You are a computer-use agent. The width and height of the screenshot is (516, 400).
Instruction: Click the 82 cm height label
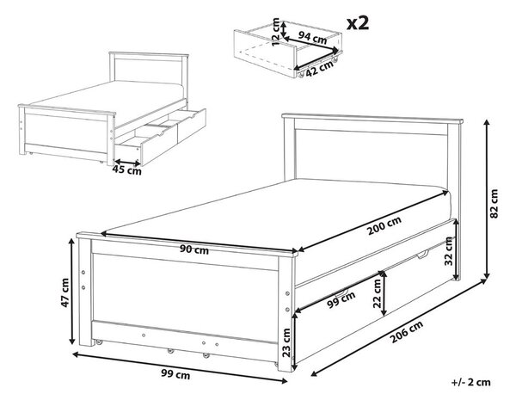(x=494, y=204)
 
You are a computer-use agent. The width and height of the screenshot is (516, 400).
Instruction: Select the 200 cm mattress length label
(x=384, y=225)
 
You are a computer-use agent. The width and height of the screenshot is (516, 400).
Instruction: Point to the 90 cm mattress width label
(x=194, y=250)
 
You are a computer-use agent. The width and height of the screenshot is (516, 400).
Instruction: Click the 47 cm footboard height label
(x=64, y=292)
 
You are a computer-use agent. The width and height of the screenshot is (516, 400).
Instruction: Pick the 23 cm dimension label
(x=286, y=342)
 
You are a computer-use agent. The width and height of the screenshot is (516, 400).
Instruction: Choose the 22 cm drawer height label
(x=378, y=293)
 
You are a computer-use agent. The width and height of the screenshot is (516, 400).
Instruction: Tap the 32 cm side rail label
(x=448, y=251)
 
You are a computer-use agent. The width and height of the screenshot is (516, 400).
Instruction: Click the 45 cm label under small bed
(x=126, y=170)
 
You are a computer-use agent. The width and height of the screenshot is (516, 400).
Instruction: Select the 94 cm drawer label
(x=312, y=38)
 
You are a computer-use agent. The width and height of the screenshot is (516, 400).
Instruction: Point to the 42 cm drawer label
(x=319, y=69)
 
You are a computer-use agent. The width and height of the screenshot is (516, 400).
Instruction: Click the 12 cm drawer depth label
(x=276, y=33)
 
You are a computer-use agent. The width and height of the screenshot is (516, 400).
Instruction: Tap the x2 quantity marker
(x=358, y=23)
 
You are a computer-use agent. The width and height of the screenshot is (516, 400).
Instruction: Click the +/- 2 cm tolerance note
(x=470, y=382)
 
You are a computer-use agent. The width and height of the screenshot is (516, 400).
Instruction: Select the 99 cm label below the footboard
(x=175, y=374)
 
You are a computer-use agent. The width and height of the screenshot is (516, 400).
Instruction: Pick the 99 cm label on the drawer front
(x=341, y=299)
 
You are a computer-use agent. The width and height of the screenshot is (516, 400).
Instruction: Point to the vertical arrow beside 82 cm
(x=487, y=200)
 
